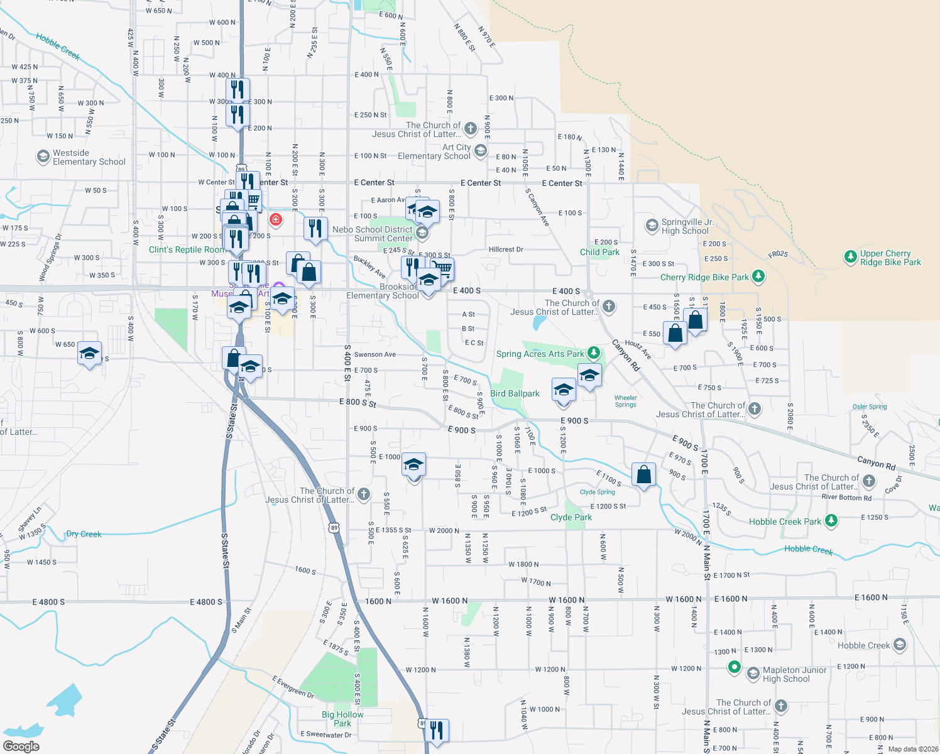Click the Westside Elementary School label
(89, 157)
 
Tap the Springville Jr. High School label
(687, 227)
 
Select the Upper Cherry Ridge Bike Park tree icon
(850, 257)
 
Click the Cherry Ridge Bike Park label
(704, 277)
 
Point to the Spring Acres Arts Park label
(540, 354)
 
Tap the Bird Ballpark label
(515, 393)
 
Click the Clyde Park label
(571, 517)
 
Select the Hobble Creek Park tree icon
(831, 521)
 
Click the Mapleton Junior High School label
(794, 674)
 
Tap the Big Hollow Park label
(342, 719)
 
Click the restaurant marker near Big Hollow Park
(436, 731)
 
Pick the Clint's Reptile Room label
(187, 249)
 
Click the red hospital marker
(275, 219)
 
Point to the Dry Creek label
(84, 534)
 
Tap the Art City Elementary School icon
(481, 150)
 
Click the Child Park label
(599, 252)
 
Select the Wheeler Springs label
(625, 401)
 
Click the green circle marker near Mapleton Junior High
(734, 667)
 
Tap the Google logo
(21, 746)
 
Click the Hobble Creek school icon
(900, 645)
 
